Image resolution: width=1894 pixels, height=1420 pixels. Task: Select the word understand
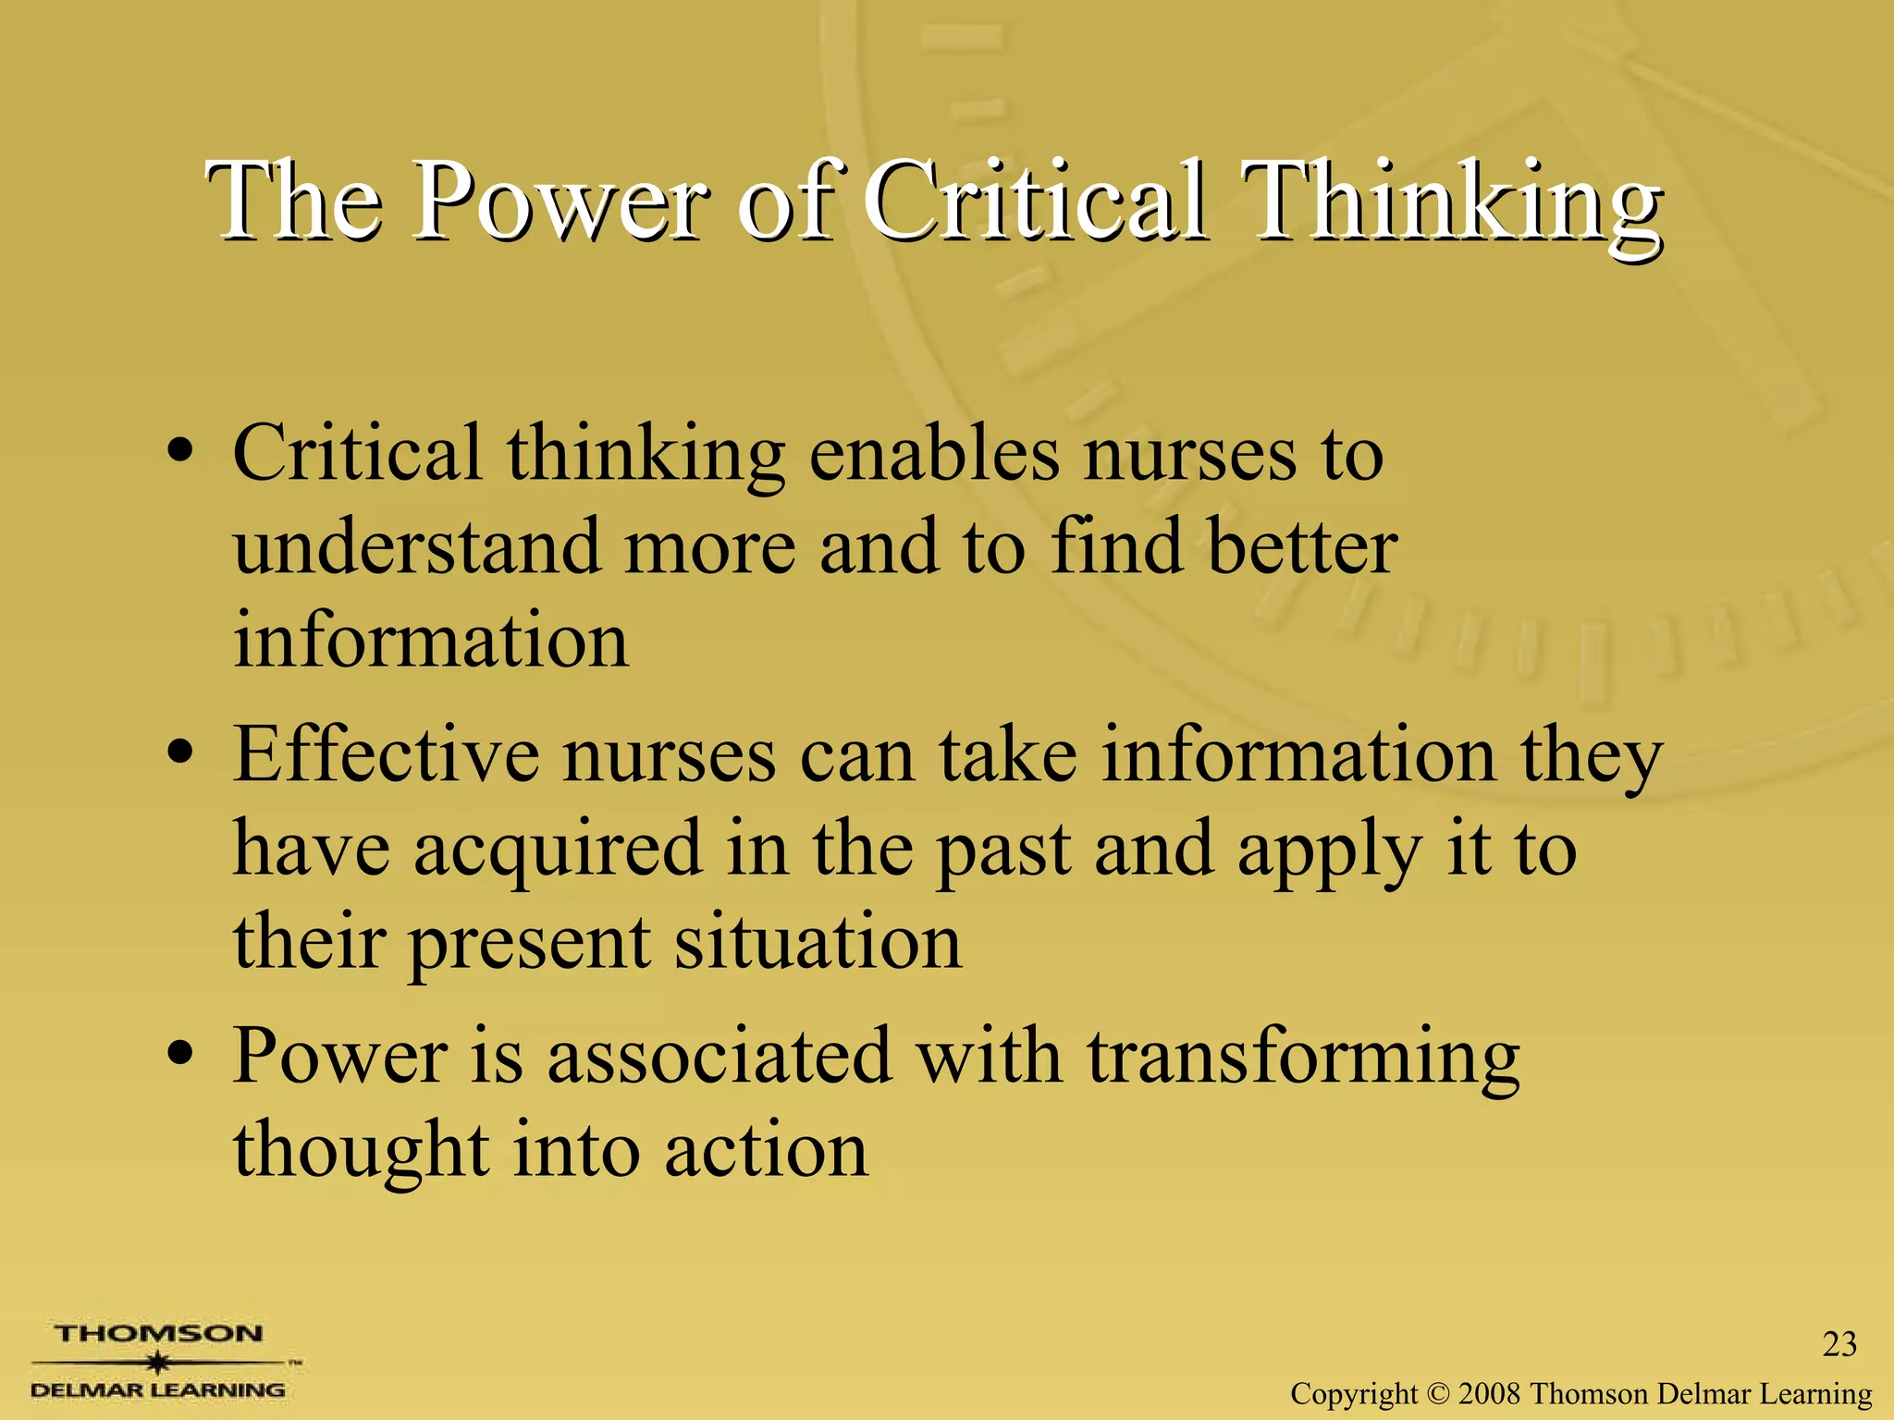[x=416, y=547]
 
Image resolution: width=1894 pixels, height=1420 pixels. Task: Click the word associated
[x=719, y=1057]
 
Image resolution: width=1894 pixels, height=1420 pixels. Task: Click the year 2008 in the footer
[x=1490, y=1393]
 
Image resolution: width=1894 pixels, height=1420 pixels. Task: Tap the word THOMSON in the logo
[x=158, y=1334]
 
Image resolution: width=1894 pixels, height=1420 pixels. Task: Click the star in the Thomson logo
[x=158, y=1363]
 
